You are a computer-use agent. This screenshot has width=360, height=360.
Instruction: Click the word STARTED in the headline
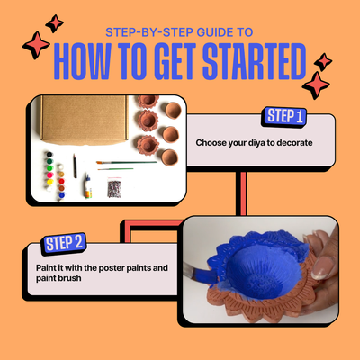click(x=254, y=61)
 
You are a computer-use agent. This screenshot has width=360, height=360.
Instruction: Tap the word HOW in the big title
click(x=83, y=61)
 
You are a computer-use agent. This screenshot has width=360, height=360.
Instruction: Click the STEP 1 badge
click(x=284, y=116)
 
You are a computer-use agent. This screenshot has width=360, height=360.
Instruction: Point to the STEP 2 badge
click(x=64, y=243)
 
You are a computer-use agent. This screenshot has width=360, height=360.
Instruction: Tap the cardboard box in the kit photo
click(x=84, y=119)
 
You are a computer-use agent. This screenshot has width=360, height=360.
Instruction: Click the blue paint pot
click(x=61, y=195)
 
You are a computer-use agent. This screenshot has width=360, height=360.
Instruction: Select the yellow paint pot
click(x=49, y=182)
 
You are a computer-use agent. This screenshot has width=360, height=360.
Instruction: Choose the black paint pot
click(x=49, y=155)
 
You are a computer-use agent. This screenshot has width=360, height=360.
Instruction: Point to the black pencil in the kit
click(x=75, y=166)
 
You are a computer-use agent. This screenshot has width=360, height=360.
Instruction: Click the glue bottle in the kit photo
click(x=87, y=186)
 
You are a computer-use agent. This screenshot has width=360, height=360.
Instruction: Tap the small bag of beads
click(x=114, y=188)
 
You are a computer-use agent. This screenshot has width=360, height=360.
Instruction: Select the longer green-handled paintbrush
click(x=127, y=163)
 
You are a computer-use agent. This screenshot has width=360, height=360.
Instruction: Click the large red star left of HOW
click(x=36, y=45)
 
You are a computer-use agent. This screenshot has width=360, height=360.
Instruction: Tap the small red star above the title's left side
click(x=54, y=23)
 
